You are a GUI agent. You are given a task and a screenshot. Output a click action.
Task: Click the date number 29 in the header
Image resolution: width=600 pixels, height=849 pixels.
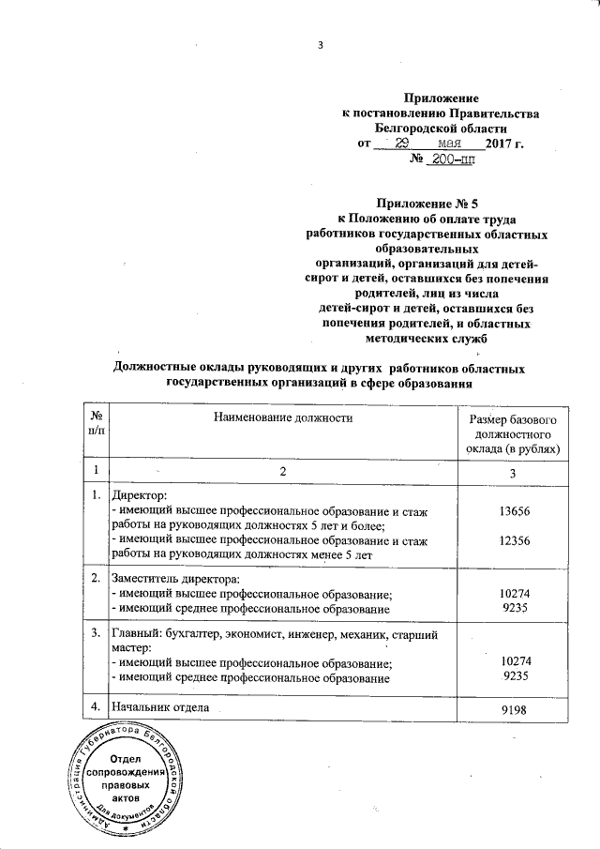(402, 144)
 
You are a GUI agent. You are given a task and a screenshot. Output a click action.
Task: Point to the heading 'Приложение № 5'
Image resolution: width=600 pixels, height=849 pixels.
(427, 203)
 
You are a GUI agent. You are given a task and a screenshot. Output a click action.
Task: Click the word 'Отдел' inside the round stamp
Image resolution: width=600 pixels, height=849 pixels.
(125, 757)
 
